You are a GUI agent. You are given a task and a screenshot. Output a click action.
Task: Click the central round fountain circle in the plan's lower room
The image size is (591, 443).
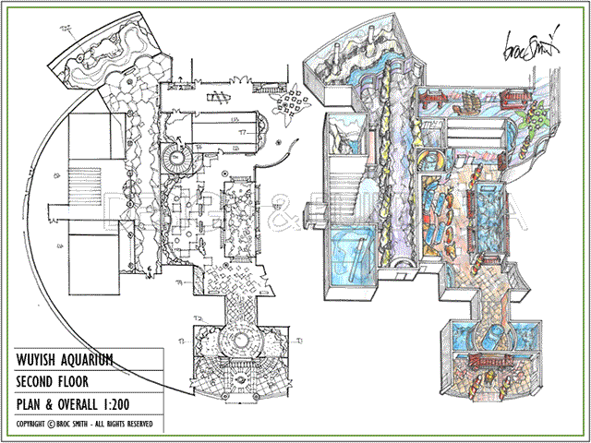pos(245,342)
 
